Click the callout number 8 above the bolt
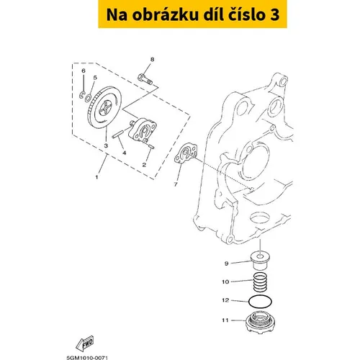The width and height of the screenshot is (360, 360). [152, 59]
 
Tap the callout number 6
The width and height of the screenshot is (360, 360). [84, 71]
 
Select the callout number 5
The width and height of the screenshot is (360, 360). [95, 78]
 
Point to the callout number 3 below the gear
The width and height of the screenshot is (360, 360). [106, 145]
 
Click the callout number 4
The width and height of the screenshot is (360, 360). [125, 153]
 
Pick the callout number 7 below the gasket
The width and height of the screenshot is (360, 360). [176, 184]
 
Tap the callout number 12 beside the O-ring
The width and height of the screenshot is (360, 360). [225, 300]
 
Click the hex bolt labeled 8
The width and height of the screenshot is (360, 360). [145, 79]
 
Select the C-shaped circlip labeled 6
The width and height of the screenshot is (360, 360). [81, 94]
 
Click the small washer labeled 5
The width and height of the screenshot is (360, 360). [89, 97]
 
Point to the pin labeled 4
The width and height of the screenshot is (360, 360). [118, 134]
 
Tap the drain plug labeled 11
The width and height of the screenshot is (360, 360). [260, 321]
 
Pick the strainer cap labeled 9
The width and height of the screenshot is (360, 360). [260, 261]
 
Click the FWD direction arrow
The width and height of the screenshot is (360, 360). [85, 343]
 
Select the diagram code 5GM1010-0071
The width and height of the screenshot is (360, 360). [87, 358]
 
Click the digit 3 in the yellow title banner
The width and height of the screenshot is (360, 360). [274, 14]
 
